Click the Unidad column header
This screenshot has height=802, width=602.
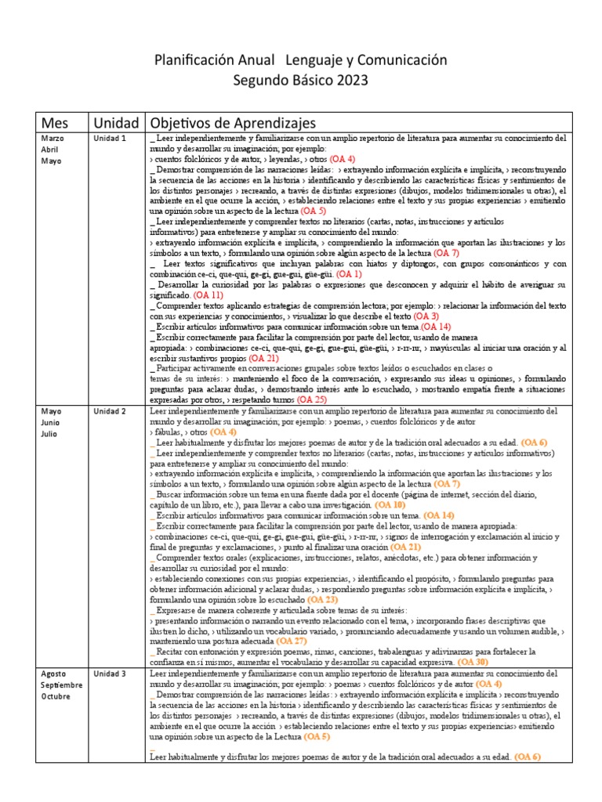click(x=116, y=123)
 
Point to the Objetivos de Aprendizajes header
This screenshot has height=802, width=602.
click(x=232, y=123)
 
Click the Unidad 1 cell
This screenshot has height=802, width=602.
click(x=110, y=139)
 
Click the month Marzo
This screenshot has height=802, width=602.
click(x=53, y=139)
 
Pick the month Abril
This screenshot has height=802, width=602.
click(x=50, y=150)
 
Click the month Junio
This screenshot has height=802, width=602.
click(x=52, y=422)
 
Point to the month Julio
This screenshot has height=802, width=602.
click(x=50, y=433)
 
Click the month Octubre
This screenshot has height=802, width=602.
click(x=56, y=695)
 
